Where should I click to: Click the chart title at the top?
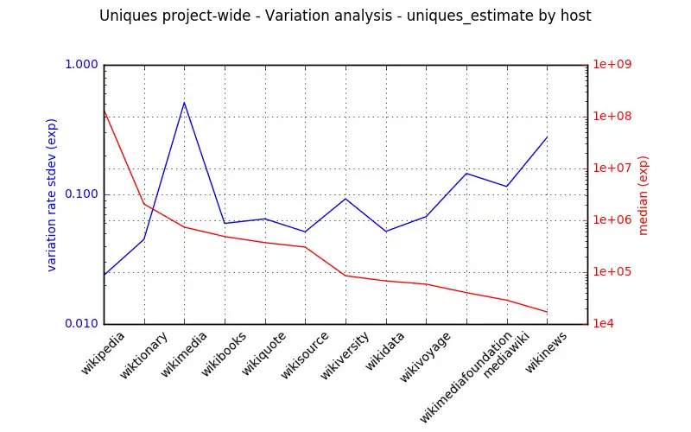[345, 16]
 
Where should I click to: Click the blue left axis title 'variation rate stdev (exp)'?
[52, 194]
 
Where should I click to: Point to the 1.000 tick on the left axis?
[82, 65]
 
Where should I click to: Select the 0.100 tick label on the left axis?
[82, 194]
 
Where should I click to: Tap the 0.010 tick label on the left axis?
[82, 324]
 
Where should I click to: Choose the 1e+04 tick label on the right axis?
[609, 324]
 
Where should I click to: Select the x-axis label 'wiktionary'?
[142, 355]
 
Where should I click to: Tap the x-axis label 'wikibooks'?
[224, 354]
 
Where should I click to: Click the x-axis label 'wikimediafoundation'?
[465, 377]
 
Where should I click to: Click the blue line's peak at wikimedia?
[184, 103]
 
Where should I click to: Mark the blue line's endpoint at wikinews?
[548, 137]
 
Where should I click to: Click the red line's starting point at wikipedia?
[104, 110]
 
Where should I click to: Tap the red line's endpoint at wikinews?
[548, 312]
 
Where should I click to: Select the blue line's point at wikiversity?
[345, 199]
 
